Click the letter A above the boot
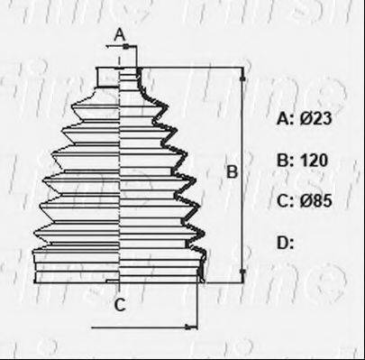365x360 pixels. (120, 35)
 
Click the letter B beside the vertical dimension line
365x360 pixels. (232, 171)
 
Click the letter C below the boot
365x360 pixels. (120, 305)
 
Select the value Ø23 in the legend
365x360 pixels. (315, 118)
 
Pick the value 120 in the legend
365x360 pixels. (314, 160)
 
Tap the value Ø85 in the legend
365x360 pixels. (315, 200)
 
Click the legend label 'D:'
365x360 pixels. (285, 243)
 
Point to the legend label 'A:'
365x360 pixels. (285, 118)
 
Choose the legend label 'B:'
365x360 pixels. (285, 160)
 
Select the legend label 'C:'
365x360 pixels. (285, 200)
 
